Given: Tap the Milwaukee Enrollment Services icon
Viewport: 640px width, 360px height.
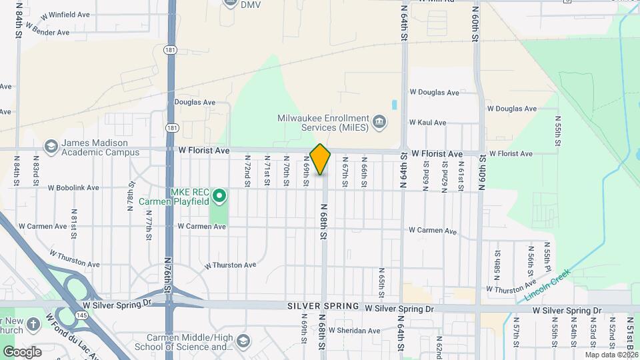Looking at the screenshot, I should pos(379,121).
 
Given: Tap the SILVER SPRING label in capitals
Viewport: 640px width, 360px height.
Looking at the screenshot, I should pos(324,306).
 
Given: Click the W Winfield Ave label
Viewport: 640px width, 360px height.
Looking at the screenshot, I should pos(65,14).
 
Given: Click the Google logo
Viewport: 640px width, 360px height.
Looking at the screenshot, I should pos(22,351).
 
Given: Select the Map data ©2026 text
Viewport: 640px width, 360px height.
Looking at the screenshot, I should pos(610,355).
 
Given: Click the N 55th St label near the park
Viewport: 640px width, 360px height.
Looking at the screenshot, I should pos(558,130).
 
